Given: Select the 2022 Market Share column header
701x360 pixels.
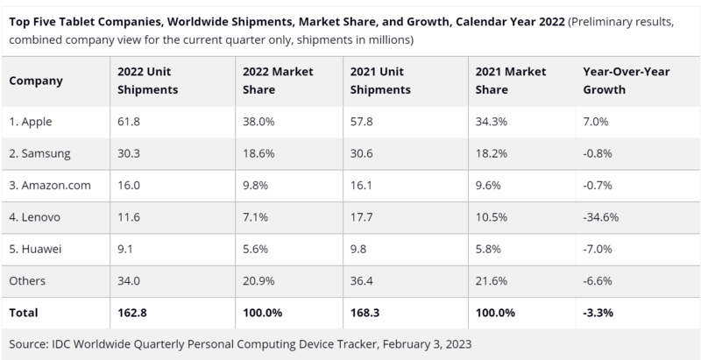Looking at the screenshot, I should [x=271, y=81].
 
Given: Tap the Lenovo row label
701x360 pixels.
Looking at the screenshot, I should [x=37, y=216].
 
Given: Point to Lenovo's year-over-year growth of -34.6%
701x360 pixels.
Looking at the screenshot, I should [x=601, y=216].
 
